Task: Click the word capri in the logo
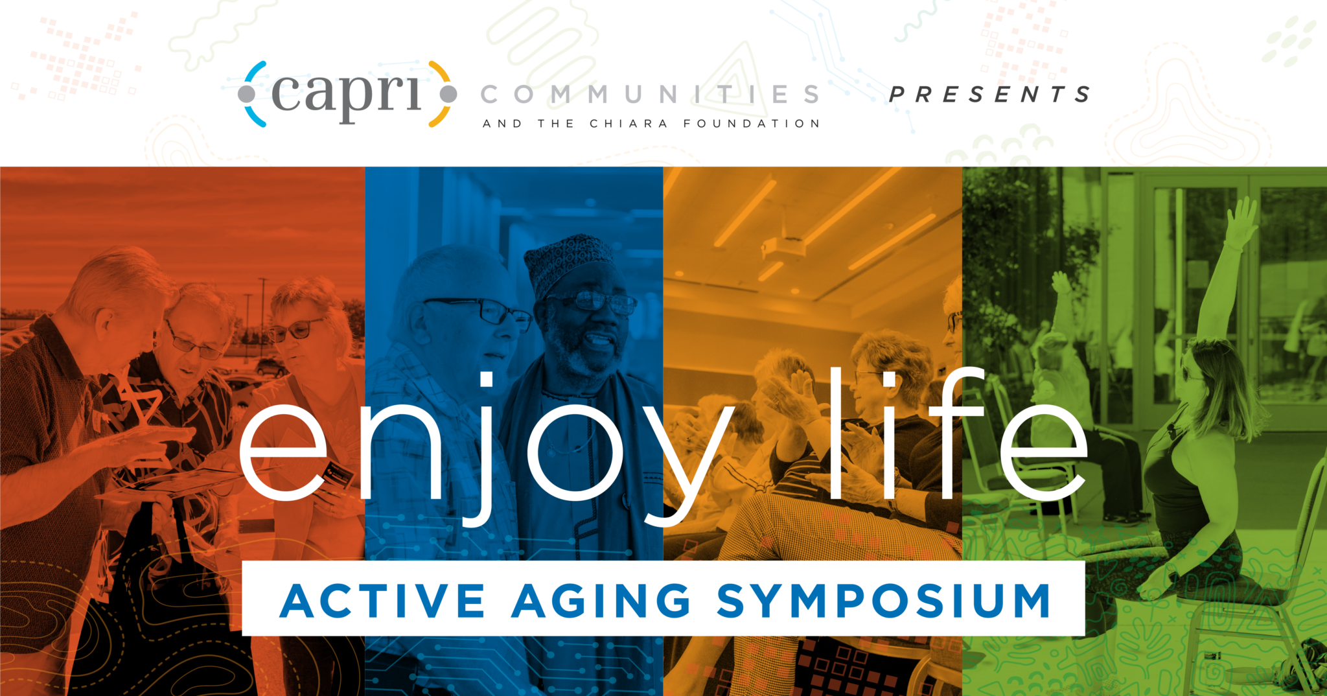(x=347, y=95)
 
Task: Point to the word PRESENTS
(x=989, y=95)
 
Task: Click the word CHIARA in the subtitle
(x=628, y=124)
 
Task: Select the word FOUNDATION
(x=752, y=124)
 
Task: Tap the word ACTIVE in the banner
(x=382, y=601)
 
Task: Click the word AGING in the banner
(x=601, y=601)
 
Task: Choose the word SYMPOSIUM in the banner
(x=884, y=601)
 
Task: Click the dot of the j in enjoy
(x=485, y=379)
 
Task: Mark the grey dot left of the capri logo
(x=247, y=95)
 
